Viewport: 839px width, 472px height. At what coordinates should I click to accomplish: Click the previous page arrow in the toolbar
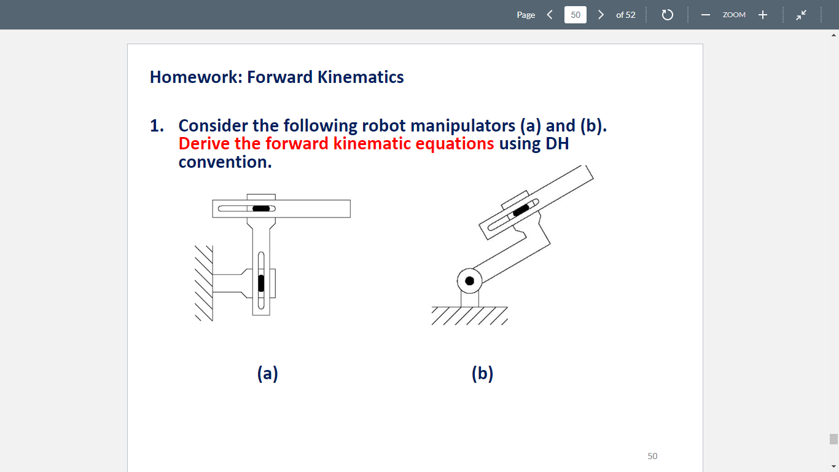click(x=550, y=15)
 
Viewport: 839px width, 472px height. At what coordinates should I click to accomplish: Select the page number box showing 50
click(x=576, y=15)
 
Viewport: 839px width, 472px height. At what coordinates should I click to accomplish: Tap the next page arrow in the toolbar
click(x=601, y=15)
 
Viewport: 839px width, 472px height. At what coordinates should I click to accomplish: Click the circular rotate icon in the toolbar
click(x=668, y=15)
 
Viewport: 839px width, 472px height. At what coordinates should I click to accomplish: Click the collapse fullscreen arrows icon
click(x=802, y=15)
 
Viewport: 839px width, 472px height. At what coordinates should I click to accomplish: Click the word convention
click(x=225, y=162)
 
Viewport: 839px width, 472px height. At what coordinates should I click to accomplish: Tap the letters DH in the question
click(x=557, y=144)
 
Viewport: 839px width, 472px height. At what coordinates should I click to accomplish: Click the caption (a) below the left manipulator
click(x=267, y=372)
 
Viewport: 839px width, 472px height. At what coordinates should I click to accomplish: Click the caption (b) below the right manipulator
click(x=482, y=372)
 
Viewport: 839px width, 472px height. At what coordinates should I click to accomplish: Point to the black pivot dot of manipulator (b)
click(x=470, y=281)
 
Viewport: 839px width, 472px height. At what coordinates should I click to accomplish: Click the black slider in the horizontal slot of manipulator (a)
click(x=261, y=208)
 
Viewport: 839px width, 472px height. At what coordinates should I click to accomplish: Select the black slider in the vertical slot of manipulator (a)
click(x=261, y=283)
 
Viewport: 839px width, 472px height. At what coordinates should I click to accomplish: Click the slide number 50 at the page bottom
click(x=652, y=456)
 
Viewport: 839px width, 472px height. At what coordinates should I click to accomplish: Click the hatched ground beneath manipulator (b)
click(x=470, y=315)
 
